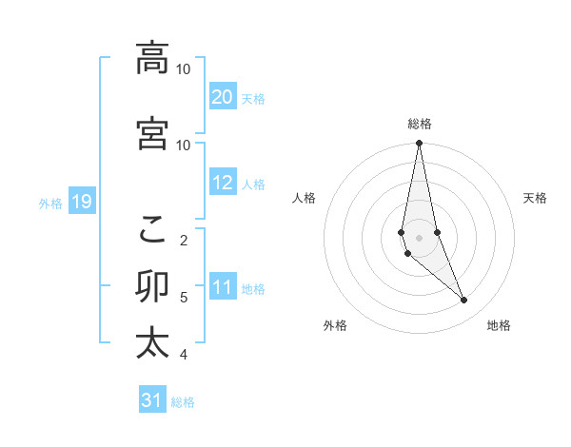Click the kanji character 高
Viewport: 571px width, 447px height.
(152, 58)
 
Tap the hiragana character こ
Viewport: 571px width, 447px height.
(152, 228)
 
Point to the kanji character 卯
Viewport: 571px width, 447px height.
(152, 286)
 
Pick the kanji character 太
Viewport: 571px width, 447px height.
(152, 342)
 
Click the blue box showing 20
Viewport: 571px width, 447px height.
(223, 97)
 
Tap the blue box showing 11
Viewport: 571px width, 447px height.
(223, 287)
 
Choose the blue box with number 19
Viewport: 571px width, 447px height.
(81, 202)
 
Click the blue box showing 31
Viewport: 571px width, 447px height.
(152, 400)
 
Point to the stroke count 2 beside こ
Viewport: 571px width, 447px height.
(184, 240)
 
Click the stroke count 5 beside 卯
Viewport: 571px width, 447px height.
(184, 298)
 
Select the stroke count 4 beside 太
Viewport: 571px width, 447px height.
(184, 355)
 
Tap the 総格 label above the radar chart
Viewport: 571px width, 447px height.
(420, 124)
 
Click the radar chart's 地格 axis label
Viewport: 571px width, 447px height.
(499, 325)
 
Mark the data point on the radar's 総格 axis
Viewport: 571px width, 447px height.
(420, 144)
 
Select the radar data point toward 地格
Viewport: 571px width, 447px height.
(464, 301)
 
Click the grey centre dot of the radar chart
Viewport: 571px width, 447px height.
(420, 237)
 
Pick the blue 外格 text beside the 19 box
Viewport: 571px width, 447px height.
(49, 203)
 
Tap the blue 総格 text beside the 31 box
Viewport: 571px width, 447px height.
(183, 402)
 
